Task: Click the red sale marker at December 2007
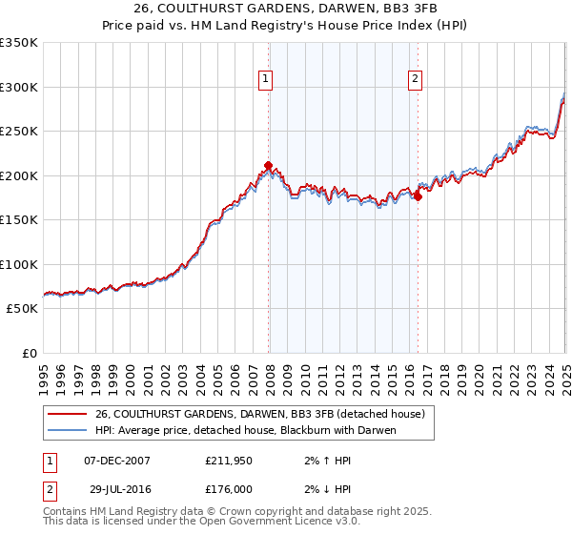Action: click(x=268, y=165)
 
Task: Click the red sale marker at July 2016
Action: click(x=418, y=197)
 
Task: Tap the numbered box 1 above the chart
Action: click(x=264, y=80)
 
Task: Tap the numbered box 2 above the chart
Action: click(x=416, y=80)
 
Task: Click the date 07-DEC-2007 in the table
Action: click(x=117, y=461)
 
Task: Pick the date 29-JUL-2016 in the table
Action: click(x=116, y=491)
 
